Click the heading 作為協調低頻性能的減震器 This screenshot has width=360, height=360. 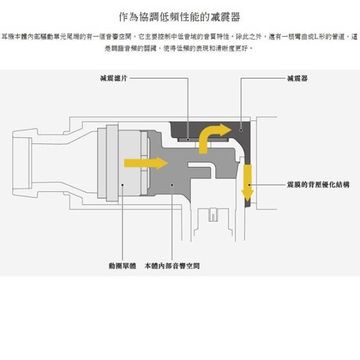click(179, 17)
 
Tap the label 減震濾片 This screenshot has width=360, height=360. click(114, 78)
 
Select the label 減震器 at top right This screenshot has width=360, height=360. click(297, 79)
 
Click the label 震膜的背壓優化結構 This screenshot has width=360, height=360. click(318, 184)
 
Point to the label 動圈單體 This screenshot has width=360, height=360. click(123, 266)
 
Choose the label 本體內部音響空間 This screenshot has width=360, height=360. click(172, 266)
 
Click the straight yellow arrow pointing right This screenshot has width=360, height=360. click(146, 163)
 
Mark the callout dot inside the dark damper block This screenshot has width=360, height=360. click(241, 130)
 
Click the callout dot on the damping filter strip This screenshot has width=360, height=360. click(188, 139)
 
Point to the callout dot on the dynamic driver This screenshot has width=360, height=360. click(123, 184)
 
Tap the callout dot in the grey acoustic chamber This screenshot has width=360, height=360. click(172, 184)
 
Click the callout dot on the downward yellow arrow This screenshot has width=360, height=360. click(249, 184)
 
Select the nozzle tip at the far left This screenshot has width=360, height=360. click(22, 163)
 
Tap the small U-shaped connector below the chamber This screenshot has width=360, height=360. click(213, 215)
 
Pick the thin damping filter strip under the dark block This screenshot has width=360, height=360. click(202, 139)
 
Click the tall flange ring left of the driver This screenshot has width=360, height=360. click(112, 163)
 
